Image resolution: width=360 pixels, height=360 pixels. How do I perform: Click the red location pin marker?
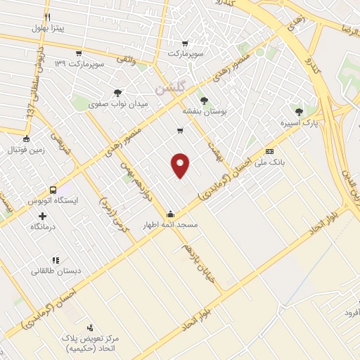181,165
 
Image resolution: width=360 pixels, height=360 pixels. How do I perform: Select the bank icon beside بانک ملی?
269,151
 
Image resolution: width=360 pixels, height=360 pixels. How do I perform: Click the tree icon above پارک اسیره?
300,112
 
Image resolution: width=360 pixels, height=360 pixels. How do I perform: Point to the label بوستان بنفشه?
205,111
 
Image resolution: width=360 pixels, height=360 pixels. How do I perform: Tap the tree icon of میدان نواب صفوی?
117,93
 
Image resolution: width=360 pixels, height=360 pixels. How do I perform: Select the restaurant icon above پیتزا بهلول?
47,17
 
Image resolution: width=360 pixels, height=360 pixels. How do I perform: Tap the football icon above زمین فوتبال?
26,139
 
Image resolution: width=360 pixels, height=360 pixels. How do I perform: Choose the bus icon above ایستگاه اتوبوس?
53,190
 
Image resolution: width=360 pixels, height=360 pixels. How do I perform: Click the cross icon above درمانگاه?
43,216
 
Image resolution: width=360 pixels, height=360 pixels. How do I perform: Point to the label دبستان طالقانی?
55,271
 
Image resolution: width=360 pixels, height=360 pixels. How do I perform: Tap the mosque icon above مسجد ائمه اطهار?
170,214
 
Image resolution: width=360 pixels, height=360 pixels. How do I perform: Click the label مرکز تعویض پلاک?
90,338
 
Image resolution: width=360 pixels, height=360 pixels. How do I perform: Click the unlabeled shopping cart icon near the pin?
181,130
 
